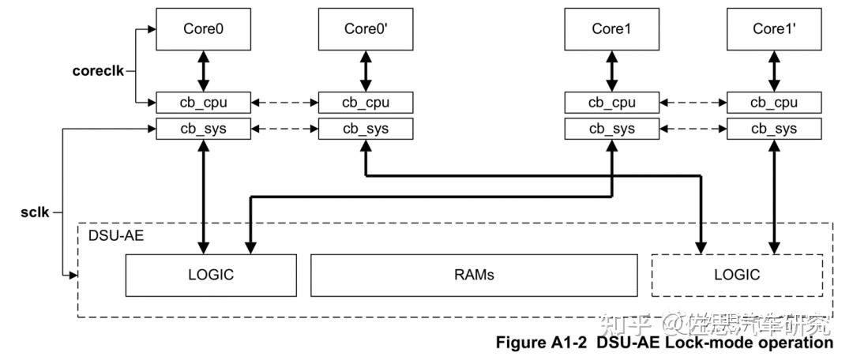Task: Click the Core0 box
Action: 203,29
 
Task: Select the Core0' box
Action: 366,29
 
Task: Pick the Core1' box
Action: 774,29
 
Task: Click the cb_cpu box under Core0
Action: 203,102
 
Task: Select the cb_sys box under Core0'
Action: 366,129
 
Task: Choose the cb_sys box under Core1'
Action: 774,129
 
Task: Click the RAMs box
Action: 473,275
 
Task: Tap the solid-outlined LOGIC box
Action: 211,275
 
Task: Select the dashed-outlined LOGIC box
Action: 736,275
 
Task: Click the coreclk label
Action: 98,70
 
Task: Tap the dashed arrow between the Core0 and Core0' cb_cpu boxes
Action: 284,103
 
